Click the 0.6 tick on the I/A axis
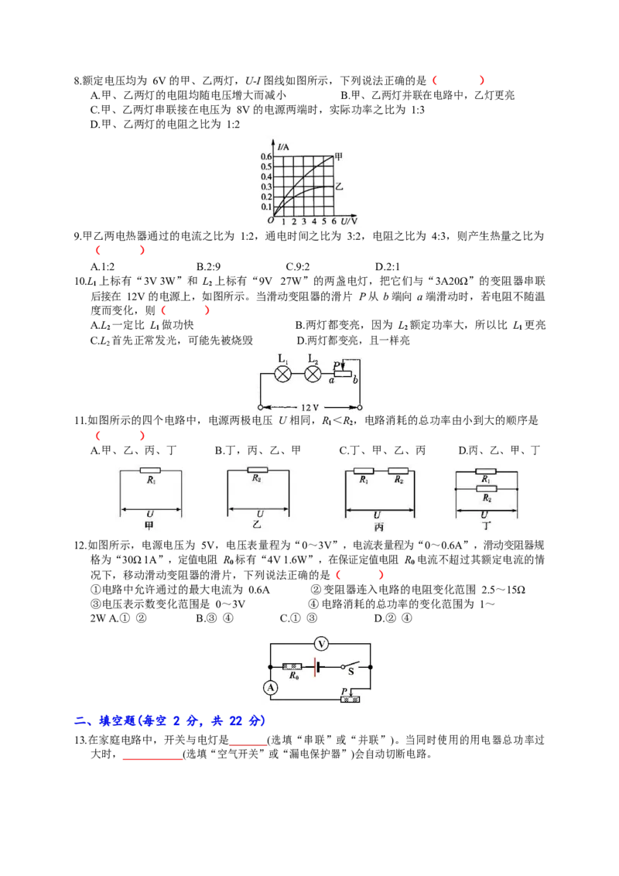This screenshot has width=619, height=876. (x=266, y=156)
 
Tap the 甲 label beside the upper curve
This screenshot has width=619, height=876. (x=338, y=156)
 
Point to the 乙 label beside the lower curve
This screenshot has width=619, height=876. (x=339, y=186)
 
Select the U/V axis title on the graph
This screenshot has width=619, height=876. (x=349, y=221)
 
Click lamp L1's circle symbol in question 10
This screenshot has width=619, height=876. (x=282, y=374)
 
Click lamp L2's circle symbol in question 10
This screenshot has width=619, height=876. (x=313, y=374)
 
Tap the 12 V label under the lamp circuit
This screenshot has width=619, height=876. (x=309, y=407)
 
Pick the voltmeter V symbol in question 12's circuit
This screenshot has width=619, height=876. (x=320, y=644)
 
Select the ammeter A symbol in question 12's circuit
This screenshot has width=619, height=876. (x=270, y=688)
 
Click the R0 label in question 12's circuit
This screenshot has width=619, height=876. (x=294, y=676)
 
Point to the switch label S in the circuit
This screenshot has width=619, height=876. (x=351, y=672)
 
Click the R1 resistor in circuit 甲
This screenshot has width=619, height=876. (x=150, y=471)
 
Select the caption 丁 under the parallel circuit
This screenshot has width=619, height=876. (x=486, y=525)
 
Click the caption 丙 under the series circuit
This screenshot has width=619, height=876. (x=379, y=527)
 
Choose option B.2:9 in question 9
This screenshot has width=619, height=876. (x=208, y=266)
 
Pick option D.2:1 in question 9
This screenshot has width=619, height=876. (x=387, y=266)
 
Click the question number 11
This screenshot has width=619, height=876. (x=80, y=421)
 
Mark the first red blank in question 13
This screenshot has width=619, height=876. (x=248, y=741)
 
